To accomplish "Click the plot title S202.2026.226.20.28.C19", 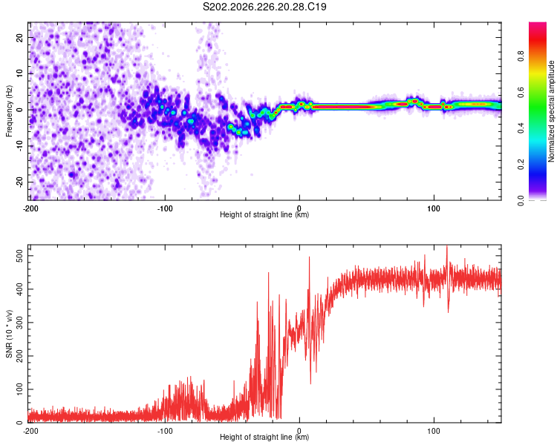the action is click(x=264, y=7).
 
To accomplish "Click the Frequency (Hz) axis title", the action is click(x=9, y=111).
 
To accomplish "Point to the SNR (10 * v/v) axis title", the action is click(x=9, y=334).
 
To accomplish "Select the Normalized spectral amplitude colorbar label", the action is click(x=551, y=111).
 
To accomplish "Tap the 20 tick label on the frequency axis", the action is click(x=19, y=37).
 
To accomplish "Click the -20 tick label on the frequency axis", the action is click(x=19, y=182).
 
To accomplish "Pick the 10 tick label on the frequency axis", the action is click(x=19, y=73).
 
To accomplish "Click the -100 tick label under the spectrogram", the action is click(x=165, y=208).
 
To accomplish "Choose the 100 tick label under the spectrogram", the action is click(x=434, y=208).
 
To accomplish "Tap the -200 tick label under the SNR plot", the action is click(x=30, y=432).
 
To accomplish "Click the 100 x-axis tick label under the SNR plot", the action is click(x=434, y=432).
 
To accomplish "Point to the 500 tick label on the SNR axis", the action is click(x=19, y=256).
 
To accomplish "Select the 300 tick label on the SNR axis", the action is click(x=19, y=323).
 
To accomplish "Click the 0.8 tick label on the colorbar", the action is click(x=521, y=56).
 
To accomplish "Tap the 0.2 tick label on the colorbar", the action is click(x=521, y=165).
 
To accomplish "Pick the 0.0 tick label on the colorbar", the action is click(x=521, y=200).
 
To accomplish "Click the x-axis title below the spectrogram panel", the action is click(x=264, y=214).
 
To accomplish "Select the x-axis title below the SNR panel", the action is click(x=264, y=437).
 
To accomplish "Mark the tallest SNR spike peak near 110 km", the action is click(x=447, y=246).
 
